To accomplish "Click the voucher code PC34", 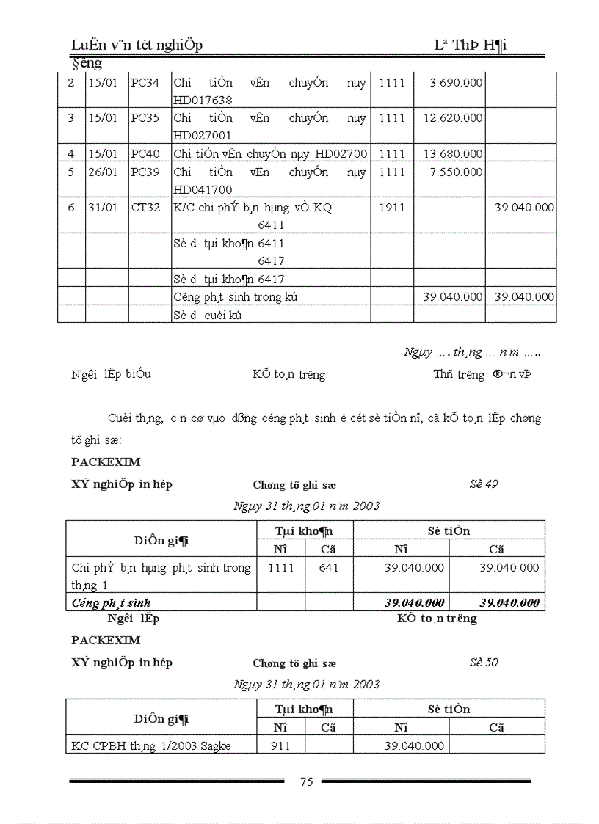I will click(145, 82).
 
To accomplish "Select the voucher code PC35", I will click(145, 117).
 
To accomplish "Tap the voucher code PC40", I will click(145, 153).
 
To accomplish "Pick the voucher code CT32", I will click(145, 208).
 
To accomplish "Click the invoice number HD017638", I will click(203, 100).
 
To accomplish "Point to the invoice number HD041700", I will click(203, 189).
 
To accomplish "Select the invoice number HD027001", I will click(203, 136).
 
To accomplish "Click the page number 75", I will click(307, 781).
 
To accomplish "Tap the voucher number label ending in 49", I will click(484, 484).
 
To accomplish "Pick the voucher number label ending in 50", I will click(484, 662).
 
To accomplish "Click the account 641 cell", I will click(329, 567).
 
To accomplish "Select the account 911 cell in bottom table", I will click(280, 745).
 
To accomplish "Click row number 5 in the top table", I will click(71, 172).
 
